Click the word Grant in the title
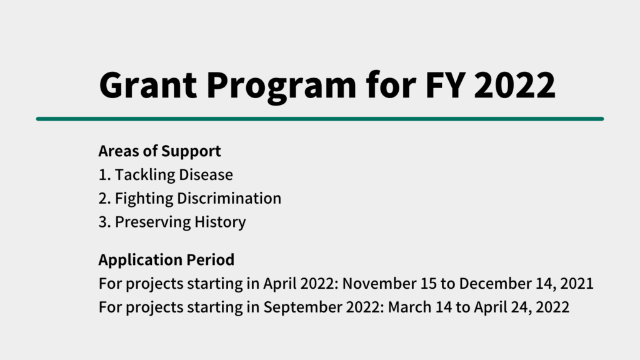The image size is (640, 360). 148,85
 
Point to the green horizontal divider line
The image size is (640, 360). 320,119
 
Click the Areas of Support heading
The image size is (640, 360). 159,151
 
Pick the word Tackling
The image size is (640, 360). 144,175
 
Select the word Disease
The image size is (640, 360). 206,175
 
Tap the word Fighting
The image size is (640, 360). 144,199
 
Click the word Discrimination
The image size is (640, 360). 229,198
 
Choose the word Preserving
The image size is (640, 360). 152,222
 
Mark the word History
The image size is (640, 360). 220,222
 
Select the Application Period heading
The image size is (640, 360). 166,260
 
